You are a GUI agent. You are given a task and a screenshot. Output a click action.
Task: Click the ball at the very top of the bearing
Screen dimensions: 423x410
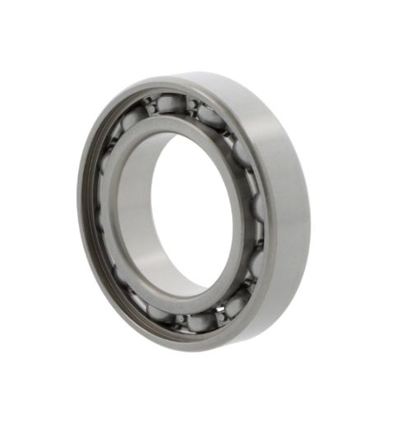tap(170, 105)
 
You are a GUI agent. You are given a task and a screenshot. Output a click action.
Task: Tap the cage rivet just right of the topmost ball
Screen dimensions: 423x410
tap(191, 105)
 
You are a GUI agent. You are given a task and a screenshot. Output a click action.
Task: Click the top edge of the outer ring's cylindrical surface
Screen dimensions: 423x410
tap(222, 78)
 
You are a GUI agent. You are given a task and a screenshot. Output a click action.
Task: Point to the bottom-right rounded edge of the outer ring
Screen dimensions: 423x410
tap(284, 304)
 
